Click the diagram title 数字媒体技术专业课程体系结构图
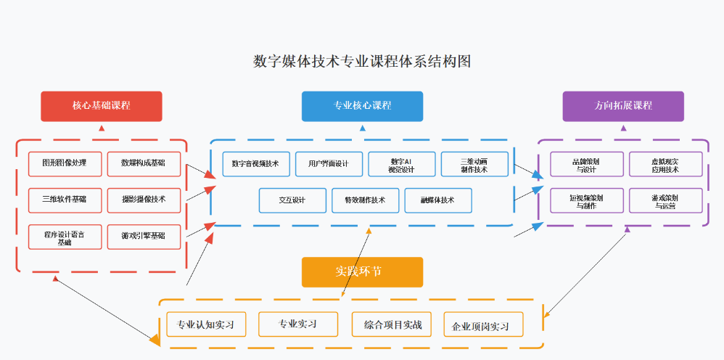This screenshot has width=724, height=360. click(362, 62)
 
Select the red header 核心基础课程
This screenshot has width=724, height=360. click(102, 106)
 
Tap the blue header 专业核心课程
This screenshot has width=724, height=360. click(362, 106)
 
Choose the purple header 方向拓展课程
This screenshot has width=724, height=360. click(623, 106)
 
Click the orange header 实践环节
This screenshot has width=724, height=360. click(362, 272)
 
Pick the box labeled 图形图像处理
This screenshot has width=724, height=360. click(65, 163)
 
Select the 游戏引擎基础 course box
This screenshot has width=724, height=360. click(144, 237)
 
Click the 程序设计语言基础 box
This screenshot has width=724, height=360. click(65, 237)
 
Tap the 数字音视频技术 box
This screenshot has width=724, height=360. click(256, 164)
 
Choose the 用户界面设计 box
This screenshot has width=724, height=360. click(329, 164)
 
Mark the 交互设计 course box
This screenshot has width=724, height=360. click(292, 200)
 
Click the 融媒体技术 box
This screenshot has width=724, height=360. click(438, 200)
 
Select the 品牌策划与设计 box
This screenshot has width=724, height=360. click(587, 164)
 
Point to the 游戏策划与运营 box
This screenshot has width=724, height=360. click(666, 200)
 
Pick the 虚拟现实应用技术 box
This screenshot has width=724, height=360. click(666, 164)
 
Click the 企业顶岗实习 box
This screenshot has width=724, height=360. click(484, 326)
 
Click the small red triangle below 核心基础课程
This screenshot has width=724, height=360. click(102, 128)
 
